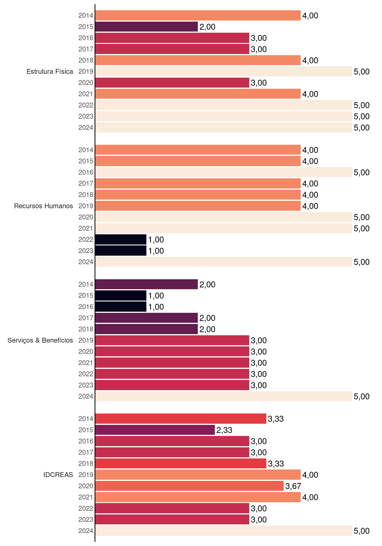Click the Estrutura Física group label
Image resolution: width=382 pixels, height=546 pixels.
(50, 71)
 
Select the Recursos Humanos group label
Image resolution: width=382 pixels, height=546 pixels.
(43, 206)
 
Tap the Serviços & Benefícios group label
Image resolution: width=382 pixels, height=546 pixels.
(40, 340)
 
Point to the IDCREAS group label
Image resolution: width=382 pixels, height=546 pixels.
(58, 475)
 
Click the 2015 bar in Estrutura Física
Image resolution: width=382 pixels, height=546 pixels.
(146, 27)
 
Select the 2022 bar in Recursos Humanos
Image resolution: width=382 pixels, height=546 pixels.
(121, 239)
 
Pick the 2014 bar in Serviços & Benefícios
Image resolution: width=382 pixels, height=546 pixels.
(146, 284)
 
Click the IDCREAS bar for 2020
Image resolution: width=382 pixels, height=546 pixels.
(189, 486)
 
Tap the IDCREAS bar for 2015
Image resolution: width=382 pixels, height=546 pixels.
(155, 430)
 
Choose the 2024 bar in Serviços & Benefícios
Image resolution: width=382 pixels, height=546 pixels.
(224, 396)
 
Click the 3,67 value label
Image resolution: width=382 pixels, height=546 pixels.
(293, 486)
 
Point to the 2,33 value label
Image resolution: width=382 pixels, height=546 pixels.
(224, 430)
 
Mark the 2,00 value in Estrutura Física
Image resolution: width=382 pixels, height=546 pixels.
(207, 27)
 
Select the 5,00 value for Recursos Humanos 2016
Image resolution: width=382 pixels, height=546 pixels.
(362, 173)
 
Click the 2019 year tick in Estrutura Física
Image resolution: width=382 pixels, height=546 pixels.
(86, 71)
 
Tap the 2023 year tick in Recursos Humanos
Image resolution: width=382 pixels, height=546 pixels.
(86, 251)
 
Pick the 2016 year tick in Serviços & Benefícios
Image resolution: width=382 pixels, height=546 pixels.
(86, 307)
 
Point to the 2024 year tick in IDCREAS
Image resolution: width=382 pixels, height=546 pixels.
(86, 531)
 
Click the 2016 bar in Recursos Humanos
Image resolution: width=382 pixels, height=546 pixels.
(224, 172)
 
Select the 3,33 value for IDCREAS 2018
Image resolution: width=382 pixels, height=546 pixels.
(276, 464)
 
